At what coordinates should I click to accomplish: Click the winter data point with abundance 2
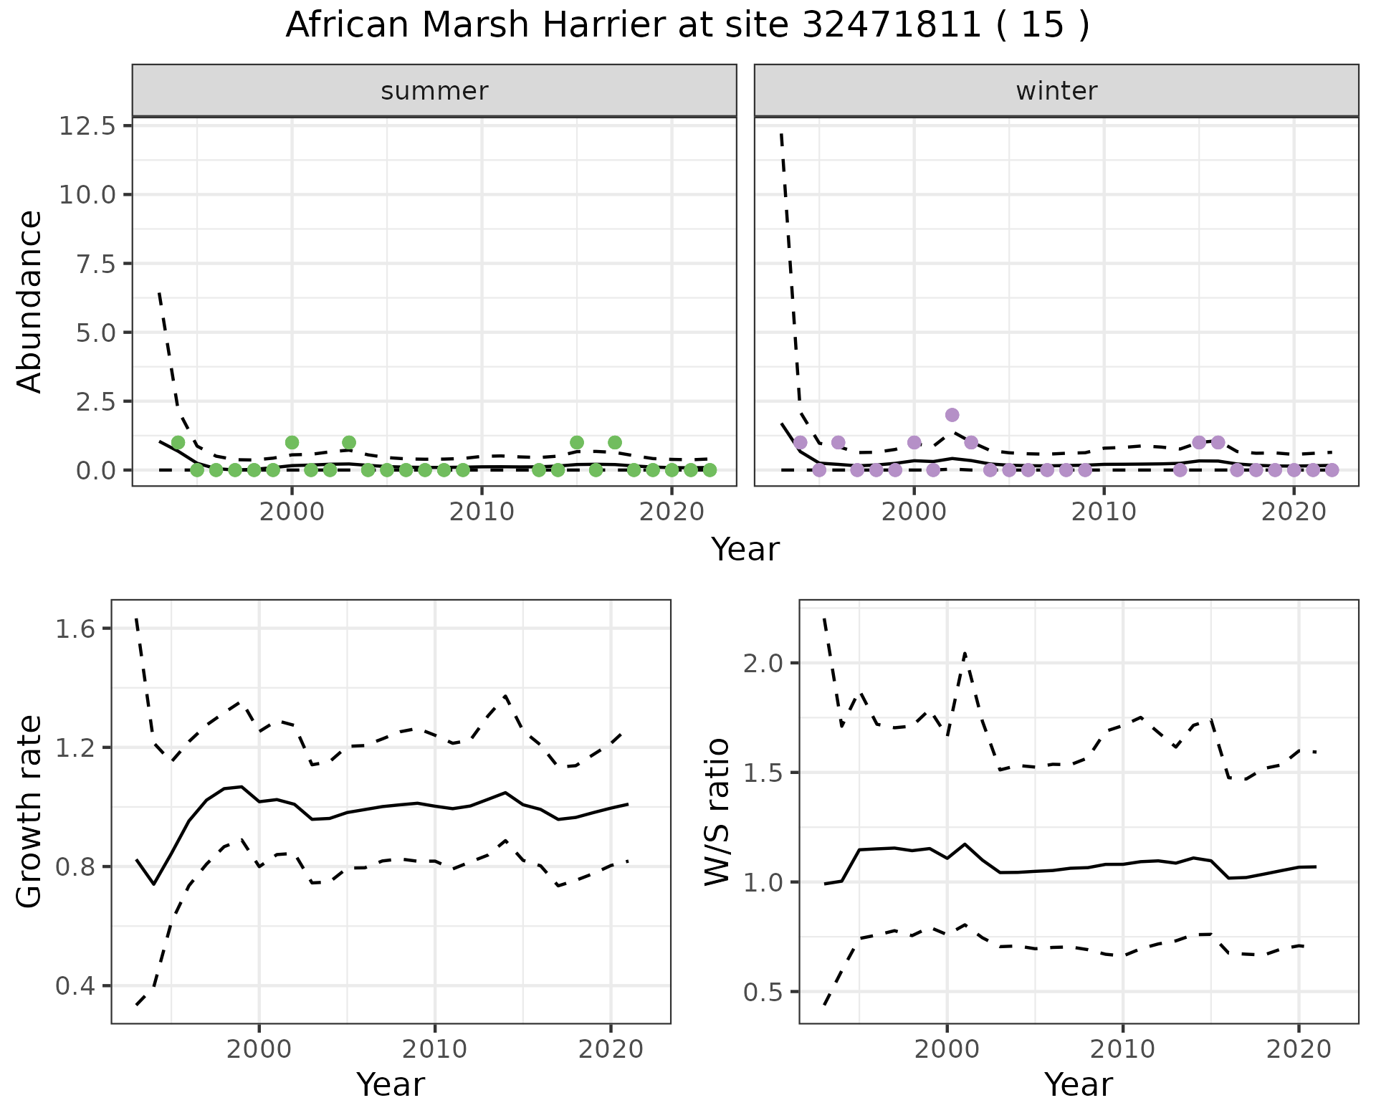[952, 415]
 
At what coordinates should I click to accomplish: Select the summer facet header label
[434, 91]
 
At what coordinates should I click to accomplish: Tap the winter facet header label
[1056, 91]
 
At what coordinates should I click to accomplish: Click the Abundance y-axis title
[30, 301]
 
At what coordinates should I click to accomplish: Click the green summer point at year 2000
[292, 442]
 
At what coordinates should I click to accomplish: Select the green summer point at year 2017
[614, 442]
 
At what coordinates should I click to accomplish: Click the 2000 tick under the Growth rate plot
[259, 1050]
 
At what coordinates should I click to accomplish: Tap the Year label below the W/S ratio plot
[1078, 1084]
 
